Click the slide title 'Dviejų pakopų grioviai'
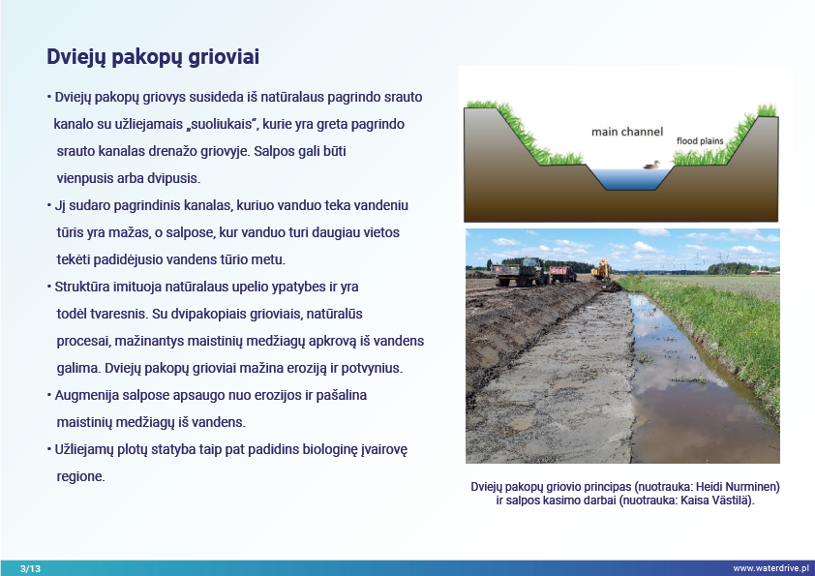(x=153, y=57)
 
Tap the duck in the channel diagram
(x=651, y=165)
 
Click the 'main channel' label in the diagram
(x=627, y=132)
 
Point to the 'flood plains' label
(x=700, y=141)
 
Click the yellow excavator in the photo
(x=602, y=269)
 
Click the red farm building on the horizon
(x=760, y=272)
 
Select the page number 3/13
(x=30, y=568)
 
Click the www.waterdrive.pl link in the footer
(x=770, y=568)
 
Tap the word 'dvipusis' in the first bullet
(x=173, y=178)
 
